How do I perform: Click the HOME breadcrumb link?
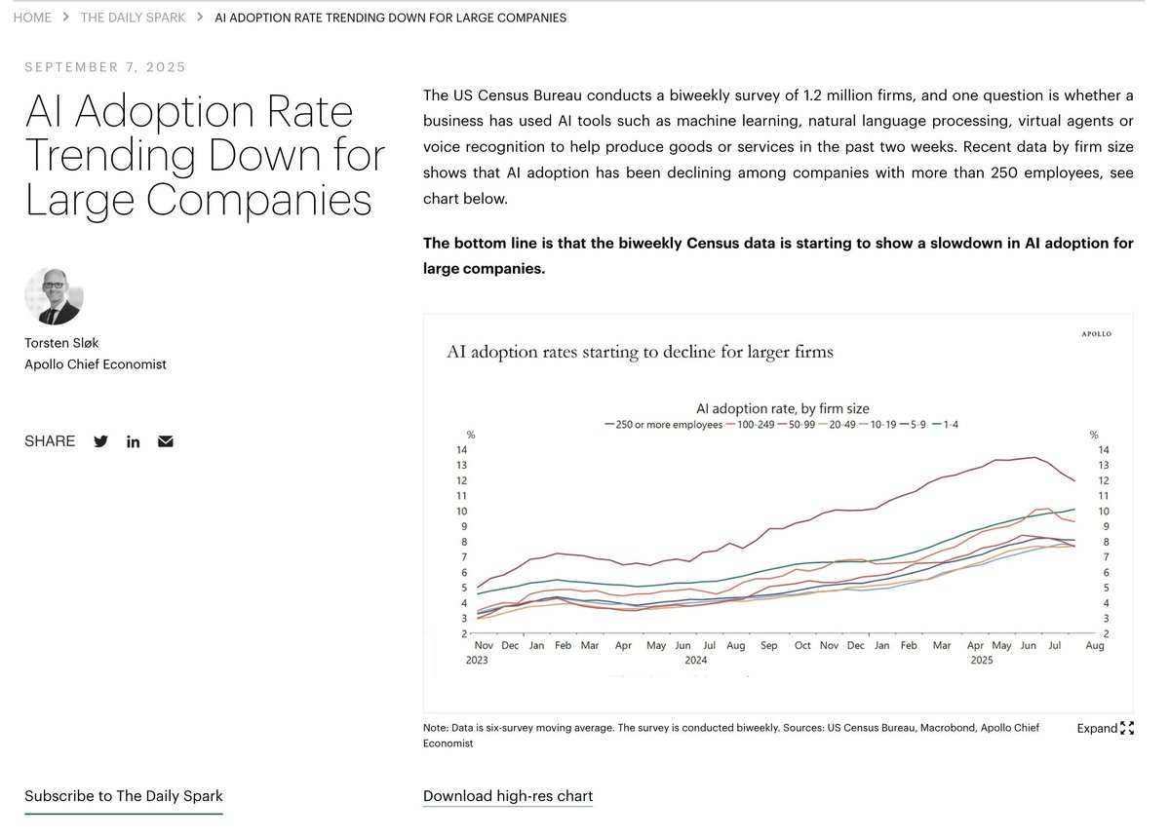[x=32, y=18]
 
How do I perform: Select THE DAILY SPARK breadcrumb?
[x=133, y=18]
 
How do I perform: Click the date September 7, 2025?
[x=105, y=67]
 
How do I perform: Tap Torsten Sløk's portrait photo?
[x=54, y=295]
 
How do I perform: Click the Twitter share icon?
[x=100, y=441]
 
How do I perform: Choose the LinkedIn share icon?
[x=133, y=441]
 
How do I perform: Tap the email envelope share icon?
[x=166, y=441]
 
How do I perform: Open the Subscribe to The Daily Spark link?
[x=124, y=796]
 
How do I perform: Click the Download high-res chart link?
[x=508, y=796]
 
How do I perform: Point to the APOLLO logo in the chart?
[x=1096, y=334]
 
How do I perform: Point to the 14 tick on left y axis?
[x=461, y=449]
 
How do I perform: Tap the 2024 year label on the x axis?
[x=695, y=660]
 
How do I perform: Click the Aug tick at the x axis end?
[x=1095, y=645]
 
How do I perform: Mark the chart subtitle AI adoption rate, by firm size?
[x=783, y=408]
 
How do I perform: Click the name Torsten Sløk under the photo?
[x=61, y=343]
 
